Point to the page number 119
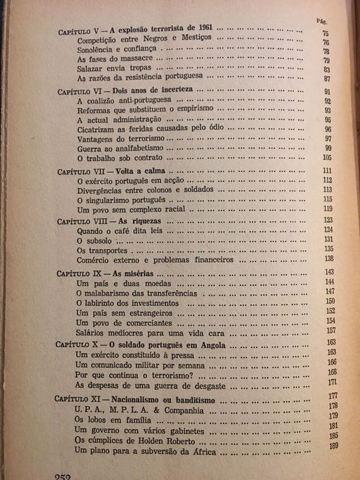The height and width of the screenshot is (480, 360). pos(328,208)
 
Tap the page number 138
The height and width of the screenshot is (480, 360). pos(328,260)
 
